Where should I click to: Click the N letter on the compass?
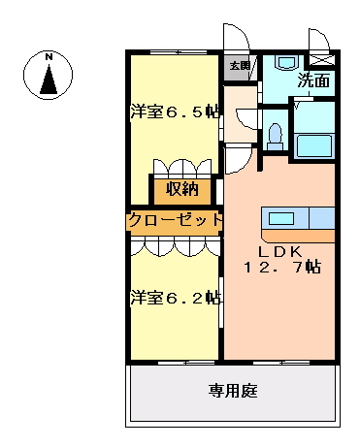tap(49, 57)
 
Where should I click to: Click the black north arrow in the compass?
tap(49, 80)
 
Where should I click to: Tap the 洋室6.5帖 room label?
tap(175, 112)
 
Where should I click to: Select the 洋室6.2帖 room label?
tap(176, 298)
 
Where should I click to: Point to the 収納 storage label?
tap(182, 189)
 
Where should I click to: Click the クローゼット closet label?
tap(176, 221)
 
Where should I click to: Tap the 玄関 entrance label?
tap(240, 66)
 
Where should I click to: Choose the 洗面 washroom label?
tap(313, 80)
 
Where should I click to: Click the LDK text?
tap(279, 251)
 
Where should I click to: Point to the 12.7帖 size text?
tap(282, 267)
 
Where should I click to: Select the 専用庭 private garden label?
tap(233, 391)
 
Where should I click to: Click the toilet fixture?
tap(275, 137)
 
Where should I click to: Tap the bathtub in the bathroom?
tap(314, 146)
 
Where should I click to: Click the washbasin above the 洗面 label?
tap(286, 62)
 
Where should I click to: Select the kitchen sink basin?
tap(281, 218)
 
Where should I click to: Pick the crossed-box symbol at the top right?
tap(322, 60)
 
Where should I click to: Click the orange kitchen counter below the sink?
tap(298, 236)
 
